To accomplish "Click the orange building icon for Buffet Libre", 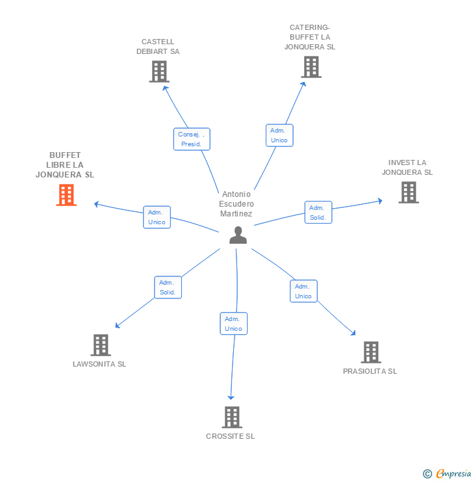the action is point(66,195).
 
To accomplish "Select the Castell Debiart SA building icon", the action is point(159,71).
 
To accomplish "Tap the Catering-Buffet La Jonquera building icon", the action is point(311,67).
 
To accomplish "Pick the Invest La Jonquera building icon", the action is point(408,192).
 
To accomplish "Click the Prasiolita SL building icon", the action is point(370,352).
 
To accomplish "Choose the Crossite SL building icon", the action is point(231,417).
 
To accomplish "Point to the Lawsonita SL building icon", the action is point(100,345).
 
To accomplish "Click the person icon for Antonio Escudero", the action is point(238,235).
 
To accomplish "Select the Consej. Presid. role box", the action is point(192,139).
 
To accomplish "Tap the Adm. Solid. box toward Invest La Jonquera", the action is point(318,213).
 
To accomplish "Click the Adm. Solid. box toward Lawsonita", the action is point(168,287).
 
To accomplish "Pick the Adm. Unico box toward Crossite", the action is point(233,324).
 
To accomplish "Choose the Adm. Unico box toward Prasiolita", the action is point(303,291).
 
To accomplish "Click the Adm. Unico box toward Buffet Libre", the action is point(157,217).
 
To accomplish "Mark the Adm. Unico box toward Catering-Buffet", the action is point(279,135).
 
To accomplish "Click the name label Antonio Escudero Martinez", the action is point(236,204).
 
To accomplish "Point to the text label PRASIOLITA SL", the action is point(370,371).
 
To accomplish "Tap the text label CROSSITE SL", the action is point(231,436).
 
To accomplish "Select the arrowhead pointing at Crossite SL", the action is point(231,397).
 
